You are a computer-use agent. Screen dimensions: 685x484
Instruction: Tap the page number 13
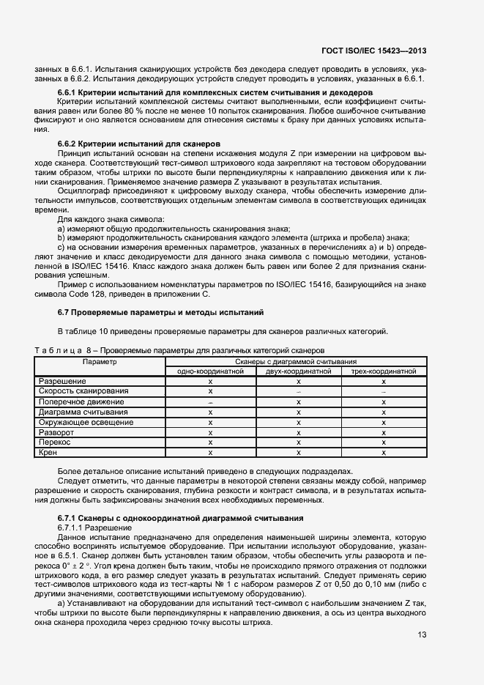tap(422, 634)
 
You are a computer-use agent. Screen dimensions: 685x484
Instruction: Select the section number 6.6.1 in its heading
tap(68, 93)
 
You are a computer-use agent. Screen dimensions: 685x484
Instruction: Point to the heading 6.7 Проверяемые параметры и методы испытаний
tap(160, 313)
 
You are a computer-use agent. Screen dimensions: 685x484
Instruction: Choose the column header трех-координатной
tap(384, 371)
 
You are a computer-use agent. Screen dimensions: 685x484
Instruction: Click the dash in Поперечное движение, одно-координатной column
tap(210, 402)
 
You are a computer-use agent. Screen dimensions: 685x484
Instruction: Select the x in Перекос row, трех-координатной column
tap(384, 443)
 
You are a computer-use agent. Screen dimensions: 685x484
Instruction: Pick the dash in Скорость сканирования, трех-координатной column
tap(384, 392)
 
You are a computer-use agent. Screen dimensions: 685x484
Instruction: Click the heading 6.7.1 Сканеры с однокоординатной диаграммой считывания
tap(180, 518)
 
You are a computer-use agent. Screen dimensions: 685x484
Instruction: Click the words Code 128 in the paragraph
tap(78, 294)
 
